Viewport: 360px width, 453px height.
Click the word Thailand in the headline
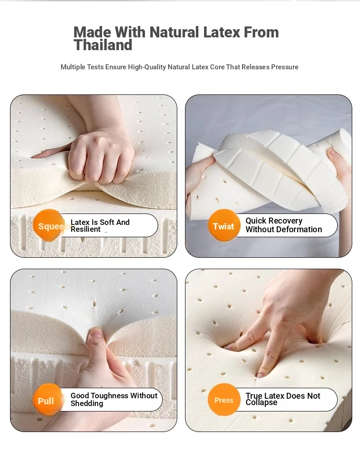(103, 45)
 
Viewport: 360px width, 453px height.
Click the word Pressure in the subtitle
(285, 67)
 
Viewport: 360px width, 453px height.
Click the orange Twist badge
(224, 225)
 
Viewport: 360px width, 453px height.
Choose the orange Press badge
(224, 400)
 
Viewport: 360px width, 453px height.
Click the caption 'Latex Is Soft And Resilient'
(100, 226)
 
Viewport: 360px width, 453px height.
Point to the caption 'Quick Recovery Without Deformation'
(283, 225)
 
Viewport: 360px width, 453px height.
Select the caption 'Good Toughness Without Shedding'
(114, 400)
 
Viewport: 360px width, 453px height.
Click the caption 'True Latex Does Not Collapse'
(283, 399)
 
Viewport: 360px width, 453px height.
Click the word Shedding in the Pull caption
(87, 404)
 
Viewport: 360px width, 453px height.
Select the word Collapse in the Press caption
(261, 402)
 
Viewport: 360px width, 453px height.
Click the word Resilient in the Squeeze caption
(86, 229)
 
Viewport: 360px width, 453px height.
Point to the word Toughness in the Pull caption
(109, 396)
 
